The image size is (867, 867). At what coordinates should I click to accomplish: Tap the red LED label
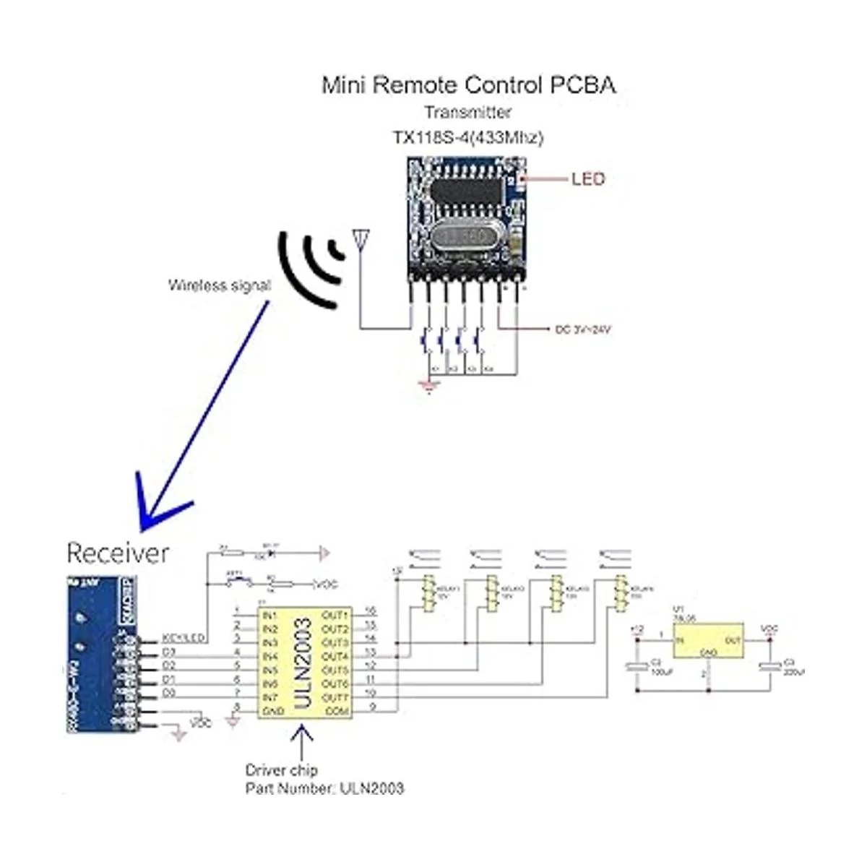tap(587, 178)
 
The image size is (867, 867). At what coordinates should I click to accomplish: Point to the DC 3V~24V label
tap(583, 329)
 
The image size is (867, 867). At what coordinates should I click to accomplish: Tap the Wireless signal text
tap(219, 285)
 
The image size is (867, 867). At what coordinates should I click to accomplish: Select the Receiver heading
tap(118, 553)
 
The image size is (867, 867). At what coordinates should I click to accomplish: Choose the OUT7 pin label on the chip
tap(335, 698)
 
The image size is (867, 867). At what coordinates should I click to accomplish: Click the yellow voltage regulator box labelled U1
tap(709, 641)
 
